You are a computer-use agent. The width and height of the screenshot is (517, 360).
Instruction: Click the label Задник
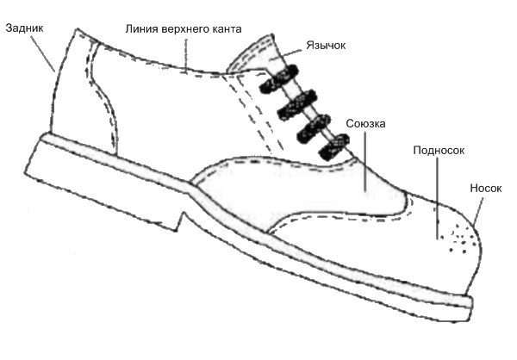[x=24, y=28]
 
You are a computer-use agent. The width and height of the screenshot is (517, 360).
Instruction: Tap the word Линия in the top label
[x=142, y=29]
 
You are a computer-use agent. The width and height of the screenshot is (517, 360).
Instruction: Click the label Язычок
[x=326, y=45]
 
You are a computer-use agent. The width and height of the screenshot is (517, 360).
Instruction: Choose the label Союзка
[x=365, y=124]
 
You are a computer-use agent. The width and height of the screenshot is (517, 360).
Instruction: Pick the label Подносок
[x=439, y=151]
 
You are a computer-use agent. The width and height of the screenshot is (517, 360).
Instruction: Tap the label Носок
[x=486, y=189]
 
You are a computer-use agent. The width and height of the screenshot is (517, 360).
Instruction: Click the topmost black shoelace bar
[x=279, y=78]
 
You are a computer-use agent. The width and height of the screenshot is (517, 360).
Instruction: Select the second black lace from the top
[x=297, y=104]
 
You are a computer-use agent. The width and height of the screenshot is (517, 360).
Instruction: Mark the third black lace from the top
[x=314, y=128]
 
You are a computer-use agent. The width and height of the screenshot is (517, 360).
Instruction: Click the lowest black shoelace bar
[x=334, y=146]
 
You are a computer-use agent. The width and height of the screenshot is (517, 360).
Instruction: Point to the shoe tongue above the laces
[x=256, y=54]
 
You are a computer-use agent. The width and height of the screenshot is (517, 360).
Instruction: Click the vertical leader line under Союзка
[x=365, y=161]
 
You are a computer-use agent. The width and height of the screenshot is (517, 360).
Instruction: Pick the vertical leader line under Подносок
[x=438, y=197]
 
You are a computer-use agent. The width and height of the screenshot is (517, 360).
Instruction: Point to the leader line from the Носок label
[x=477, y=212]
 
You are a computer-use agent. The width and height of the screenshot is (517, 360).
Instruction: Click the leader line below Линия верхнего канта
[x=186, y=55]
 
